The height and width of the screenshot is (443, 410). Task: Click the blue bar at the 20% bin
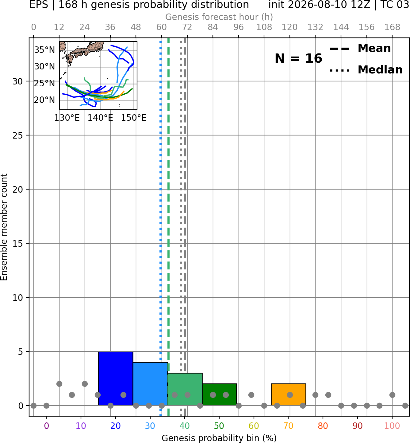tap(116, 378)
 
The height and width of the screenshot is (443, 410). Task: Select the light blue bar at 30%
tap(150, 384)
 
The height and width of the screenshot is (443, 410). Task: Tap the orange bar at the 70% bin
tap(288, 394)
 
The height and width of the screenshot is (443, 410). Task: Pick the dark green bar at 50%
tap(219, 394)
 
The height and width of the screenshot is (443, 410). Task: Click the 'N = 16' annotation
tap(298, 58)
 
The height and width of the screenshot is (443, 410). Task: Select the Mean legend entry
tap(360, 49)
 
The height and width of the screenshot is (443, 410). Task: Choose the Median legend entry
tap(366, 70)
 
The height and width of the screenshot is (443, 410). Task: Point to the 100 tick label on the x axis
tap(392, 426)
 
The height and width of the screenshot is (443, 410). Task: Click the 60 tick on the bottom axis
tap(254, 426)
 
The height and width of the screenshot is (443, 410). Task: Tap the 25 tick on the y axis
tap(18, 135)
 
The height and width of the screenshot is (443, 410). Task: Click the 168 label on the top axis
tap(393, 27)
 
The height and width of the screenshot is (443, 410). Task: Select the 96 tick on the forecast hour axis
tap(239, 27)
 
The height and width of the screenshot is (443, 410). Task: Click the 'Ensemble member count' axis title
tap(4, 227)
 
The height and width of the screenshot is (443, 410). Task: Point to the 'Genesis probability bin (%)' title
tap(219, 438)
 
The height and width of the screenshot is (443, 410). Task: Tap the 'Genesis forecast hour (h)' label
tap(219, 17)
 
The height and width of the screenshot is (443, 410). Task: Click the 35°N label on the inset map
tap(44, 50)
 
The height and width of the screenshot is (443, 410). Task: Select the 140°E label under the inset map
tap(100, 118)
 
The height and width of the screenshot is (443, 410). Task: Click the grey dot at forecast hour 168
tap(393, 395)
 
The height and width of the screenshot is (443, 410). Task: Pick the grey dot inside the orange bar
tap(290, 395)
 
